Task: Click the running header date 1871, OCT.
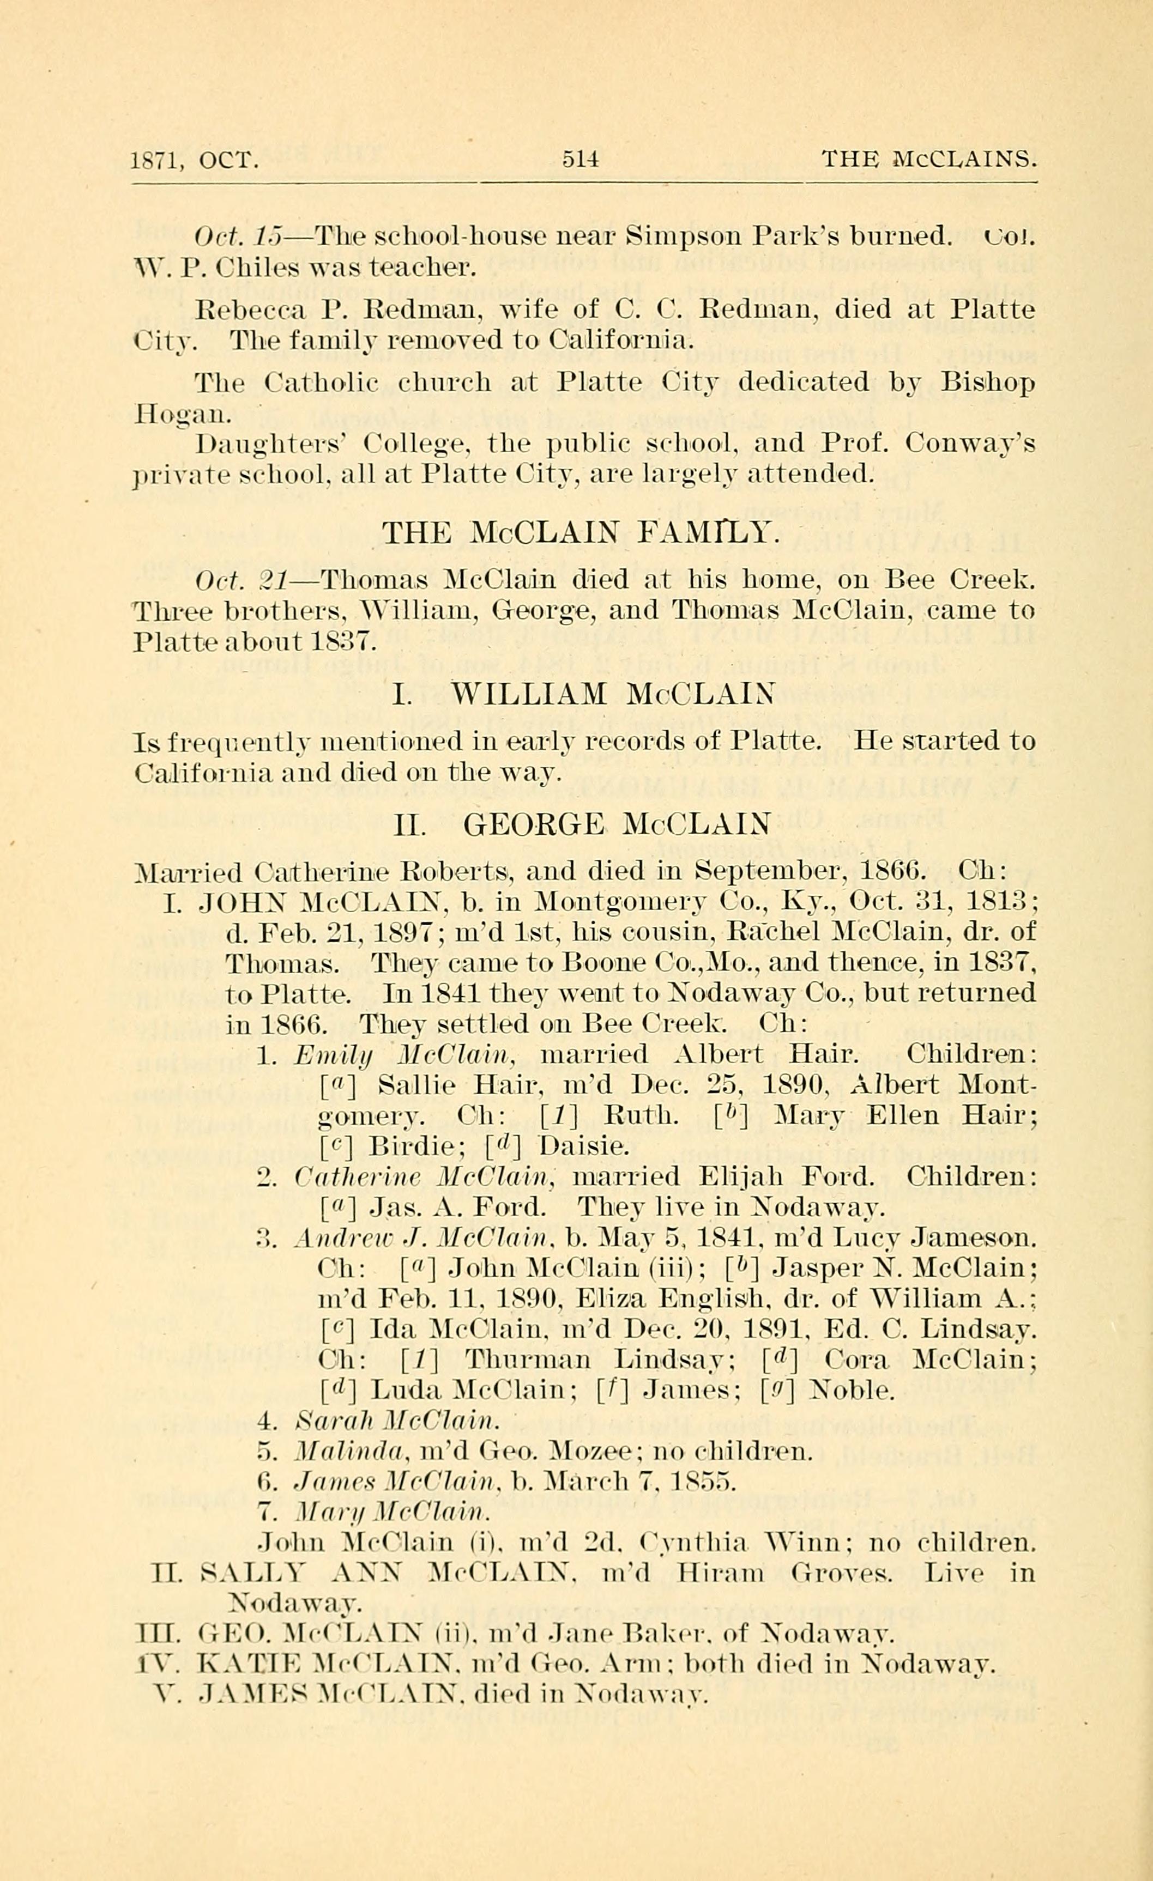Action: click(196, 160)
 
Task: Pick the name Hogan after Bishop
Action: click(180, 415)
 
